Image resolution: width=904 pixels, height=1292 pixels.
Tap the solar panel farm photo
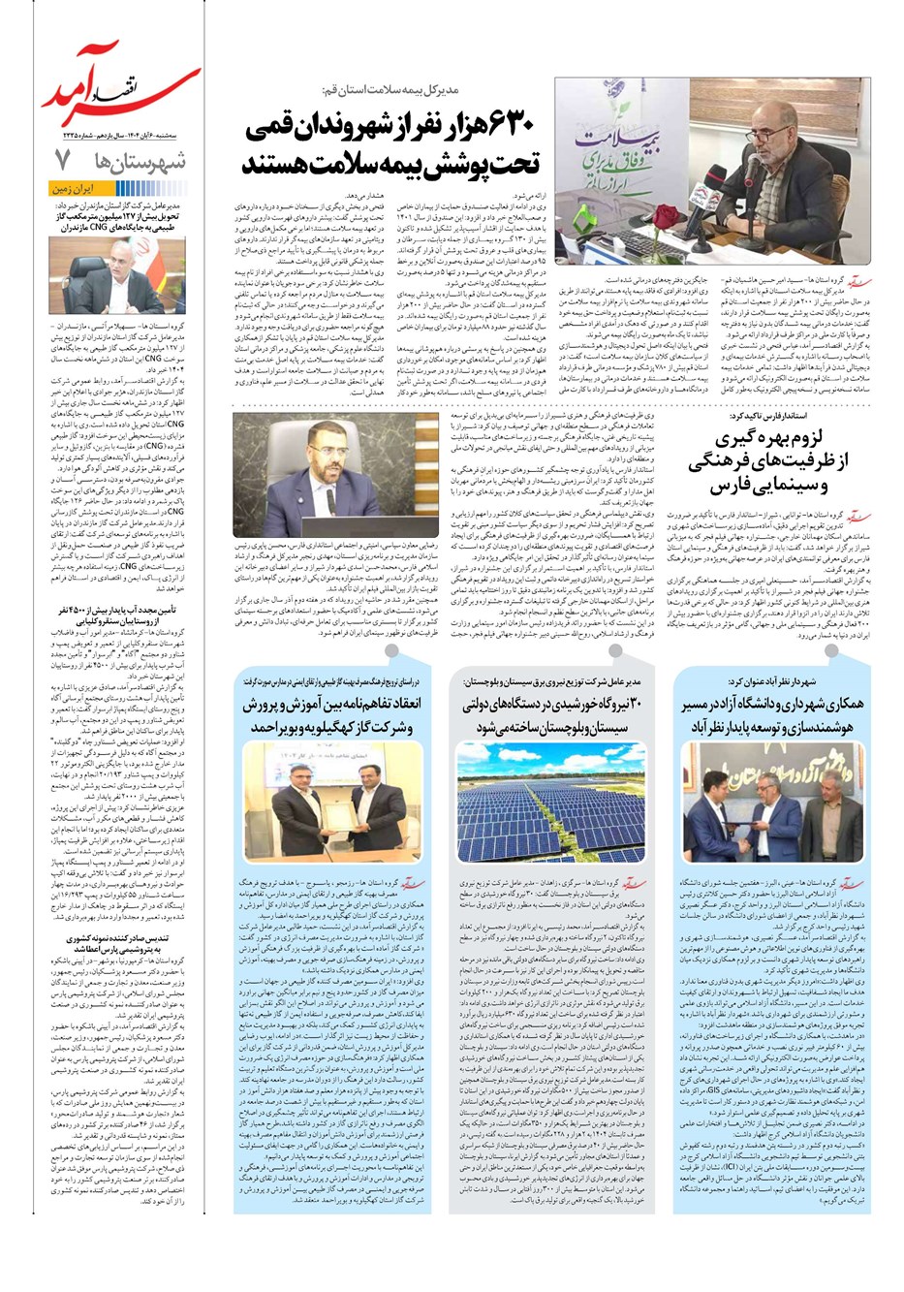[x=550, y=801]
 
